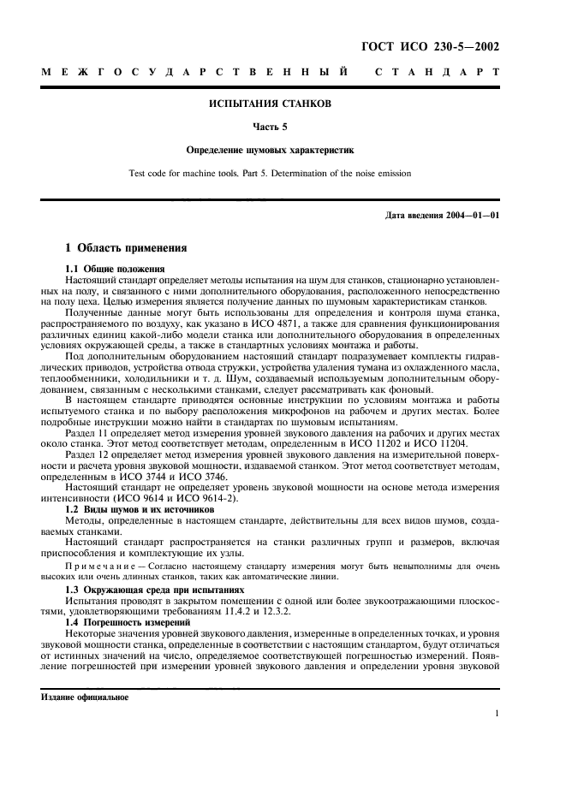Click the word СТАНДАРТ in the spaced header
click(x=438, y=73)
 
